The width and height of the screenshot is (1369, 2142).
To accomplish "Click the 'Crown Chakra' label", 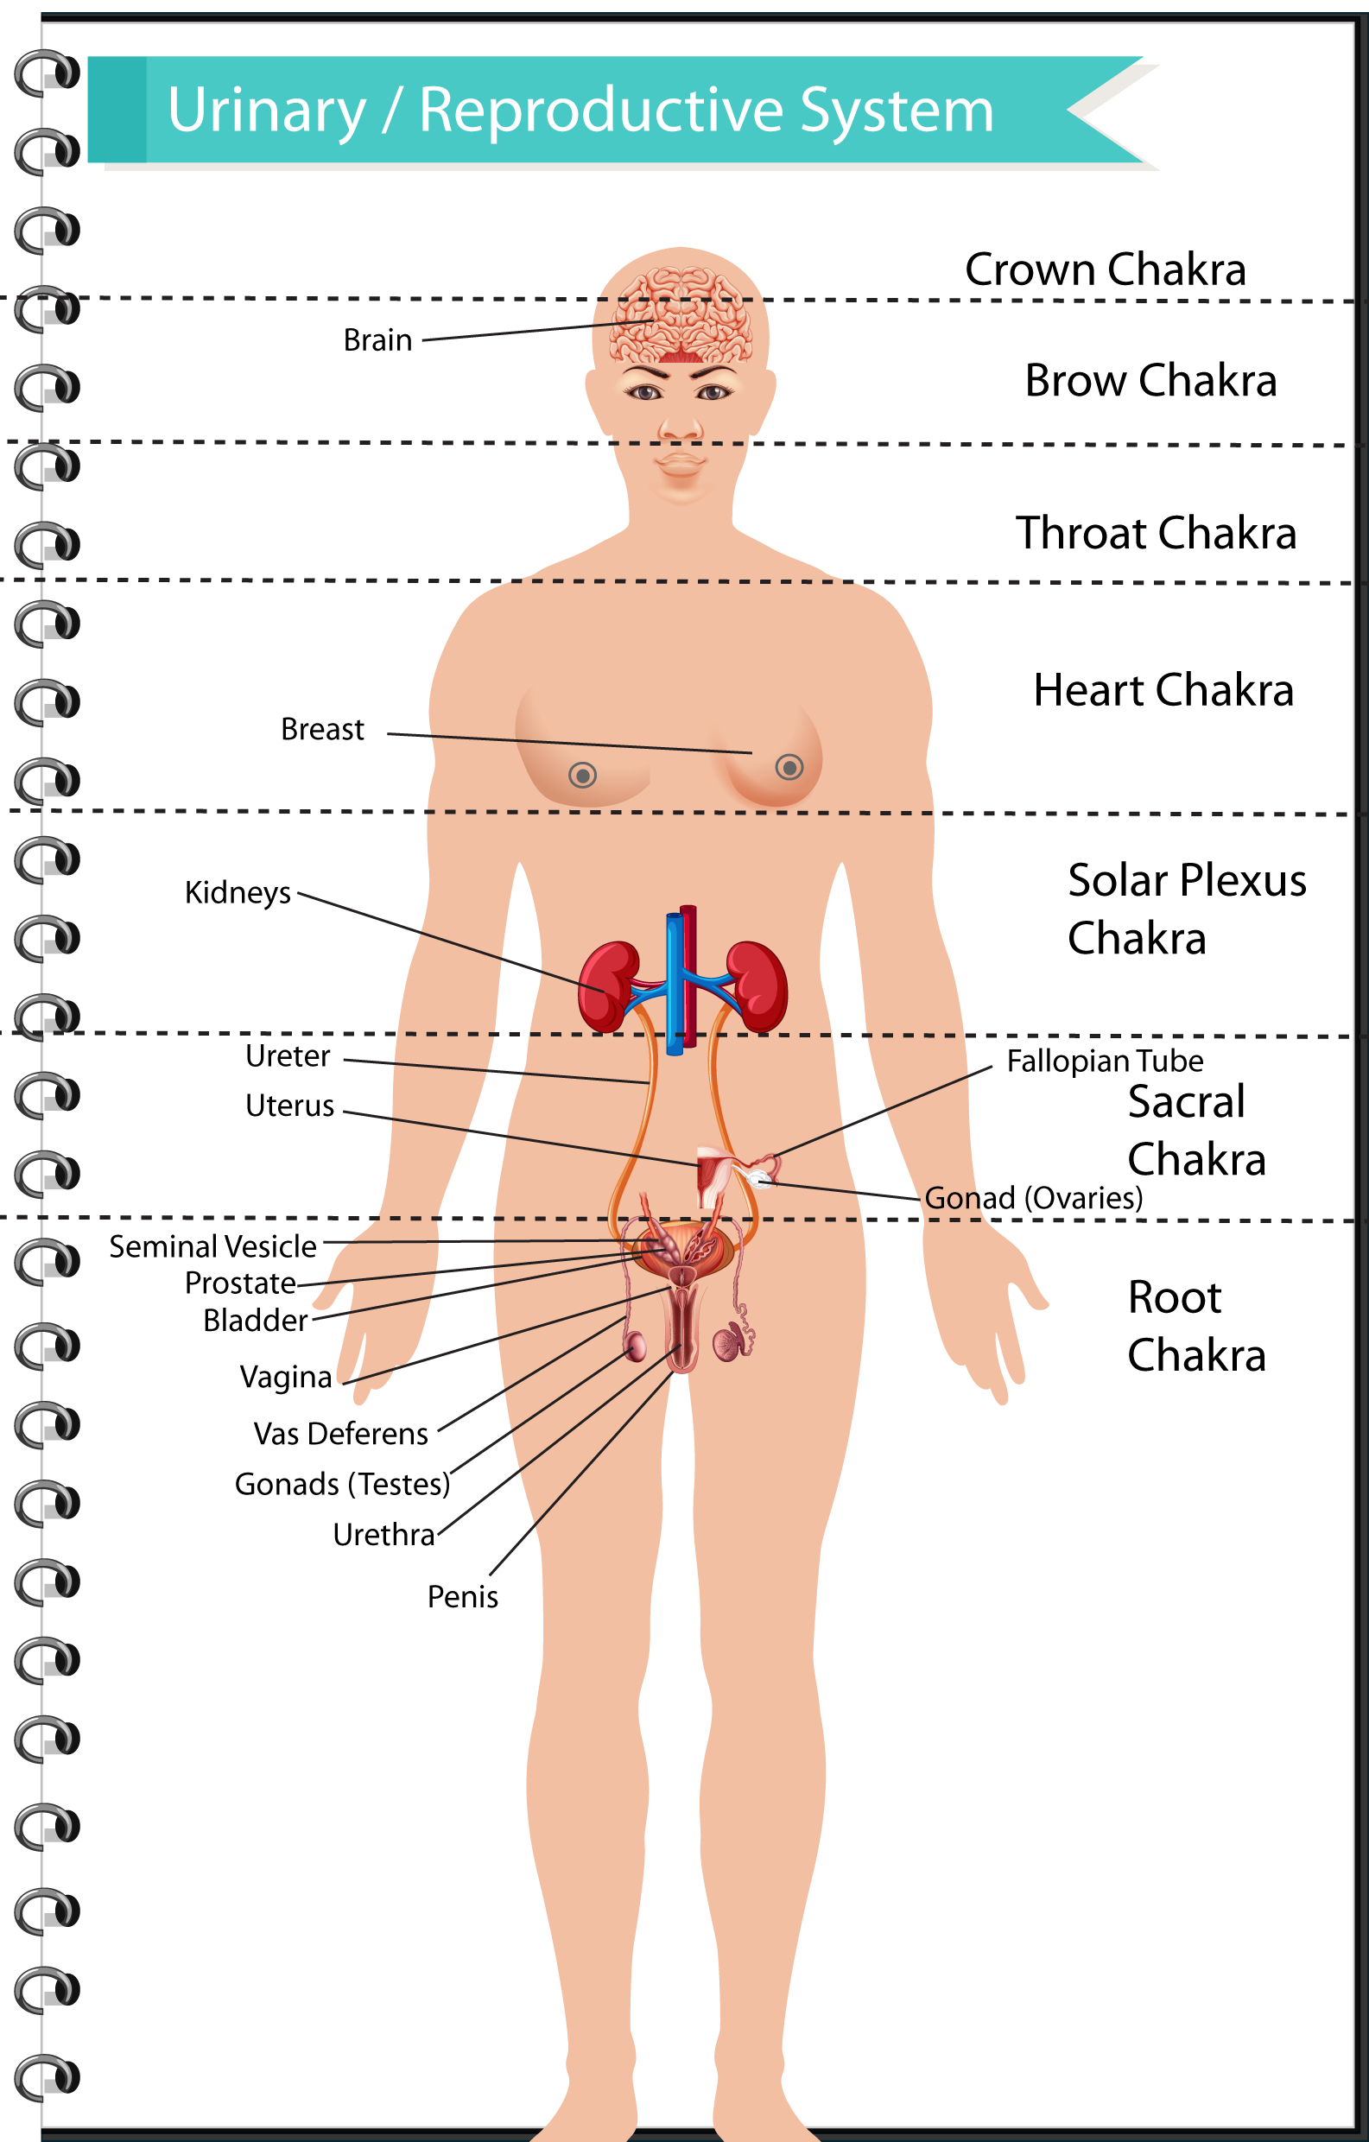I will (1105, 269).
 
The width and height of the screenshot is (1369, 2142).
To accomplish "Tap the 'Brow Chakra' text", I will (1150, 381).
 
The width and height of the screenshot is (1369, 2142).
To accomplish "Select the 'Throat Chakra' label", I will (1156, 534).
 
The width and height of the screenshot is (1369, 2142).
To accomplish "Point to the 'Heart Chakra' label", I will (1163, 690).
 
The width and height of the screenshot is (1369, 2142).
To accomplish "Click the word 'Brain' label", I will (377, 340).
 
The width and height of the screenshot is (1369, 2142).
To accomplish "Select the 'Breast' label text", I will (322, 730).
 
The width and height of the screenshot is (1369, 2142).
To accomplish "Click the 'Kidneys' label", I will (238, 893).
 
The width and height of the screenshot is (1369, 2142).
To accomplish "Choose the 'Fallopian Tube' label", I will (1105, 1061).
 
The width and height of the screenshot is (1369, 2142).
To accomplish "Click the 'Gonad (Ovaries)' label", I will (1034, 1198).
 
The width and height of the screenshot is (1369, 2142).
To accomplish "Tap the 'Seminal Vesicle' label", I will (212, 1247).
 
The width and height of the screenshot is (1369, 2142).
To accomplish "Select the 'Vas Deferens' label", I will (340, 1434).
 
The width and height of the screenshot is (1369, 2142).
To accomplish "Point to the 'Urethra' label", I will (383, 1535).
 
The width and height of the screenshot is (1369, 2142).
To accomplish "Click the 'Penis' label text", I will (463, 1597).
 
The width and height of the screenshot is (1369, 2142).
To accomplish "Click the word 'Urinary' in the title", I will (267, 111).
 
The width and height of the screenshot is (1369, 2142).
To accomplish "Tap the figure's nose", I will (681, 427).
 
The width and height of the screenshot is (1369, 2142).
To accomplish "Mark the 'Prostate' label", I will (240, 1283).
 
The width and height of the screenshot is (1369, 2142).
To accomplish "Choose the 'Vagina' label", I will (286, 1377).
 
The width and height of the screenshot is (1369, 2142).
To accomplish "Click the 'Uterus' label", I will (290, 1106).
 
